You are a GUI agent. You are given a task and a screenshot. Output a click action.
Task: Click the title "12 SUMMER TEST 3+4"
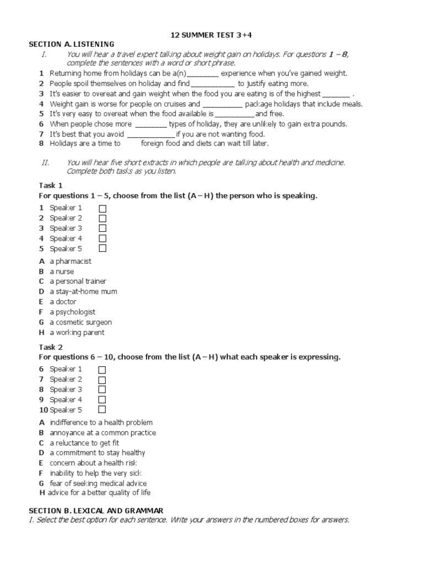tap(211, 36)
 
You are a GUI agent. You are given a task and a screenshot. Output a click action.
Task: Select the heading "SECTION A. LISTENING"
tap(72, 44)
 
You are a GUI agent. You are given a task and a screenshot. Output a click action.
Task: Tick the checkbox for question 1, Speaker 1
tap(102, 208)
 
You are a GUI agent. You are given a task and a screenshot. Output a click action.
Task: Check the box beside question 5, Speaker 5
tap(102, 248)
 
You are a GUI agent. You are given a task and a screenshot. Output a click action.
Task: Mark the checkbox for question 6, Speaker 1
tap(102, 370)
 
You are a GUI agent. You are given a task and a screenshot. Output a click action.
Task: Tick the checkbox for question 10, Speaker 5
tap(102, 410)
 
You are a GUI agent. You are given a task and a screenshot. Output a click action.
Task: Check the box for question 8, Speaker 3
tap(102, 390)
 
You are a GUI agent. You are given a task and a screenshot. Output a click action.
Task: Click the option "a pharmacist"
tap(70, 262)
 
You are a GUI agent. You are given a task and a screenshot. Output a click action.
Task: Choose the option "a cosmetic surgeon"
tap(80, 322)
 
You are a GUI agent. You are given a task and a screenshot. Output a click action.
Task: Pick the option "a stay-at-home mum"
tap(83, 292)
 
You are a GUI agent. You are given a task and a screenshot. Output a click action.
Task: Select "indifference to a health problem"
tap(101, 423)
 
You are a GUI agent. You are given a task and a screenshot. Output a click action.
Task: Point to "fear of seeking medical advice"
tap(97, 483)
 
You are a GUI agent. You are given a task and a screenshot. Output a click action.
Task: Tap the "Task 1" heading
tap(51, 186)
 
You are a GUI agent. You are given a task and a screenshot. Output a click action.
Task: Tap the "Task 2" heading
tap(51, 348)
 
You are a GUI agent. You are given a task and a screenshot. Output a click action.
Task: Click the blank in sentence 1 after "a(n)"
tap(203, 73)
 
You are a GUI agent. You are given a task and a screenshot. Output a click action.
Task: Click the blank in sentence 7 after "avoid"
tap(151, 134)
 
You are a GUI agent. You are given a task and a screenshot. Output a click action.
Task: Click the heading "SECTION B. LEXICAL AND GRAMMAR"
tap(96, 511)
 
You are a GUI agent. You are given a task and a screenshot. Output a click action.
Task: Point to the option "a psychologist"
tap(72, 312)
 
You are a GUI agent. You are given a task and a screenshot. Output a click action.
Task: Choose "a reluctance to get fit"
tap(84, 443)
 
